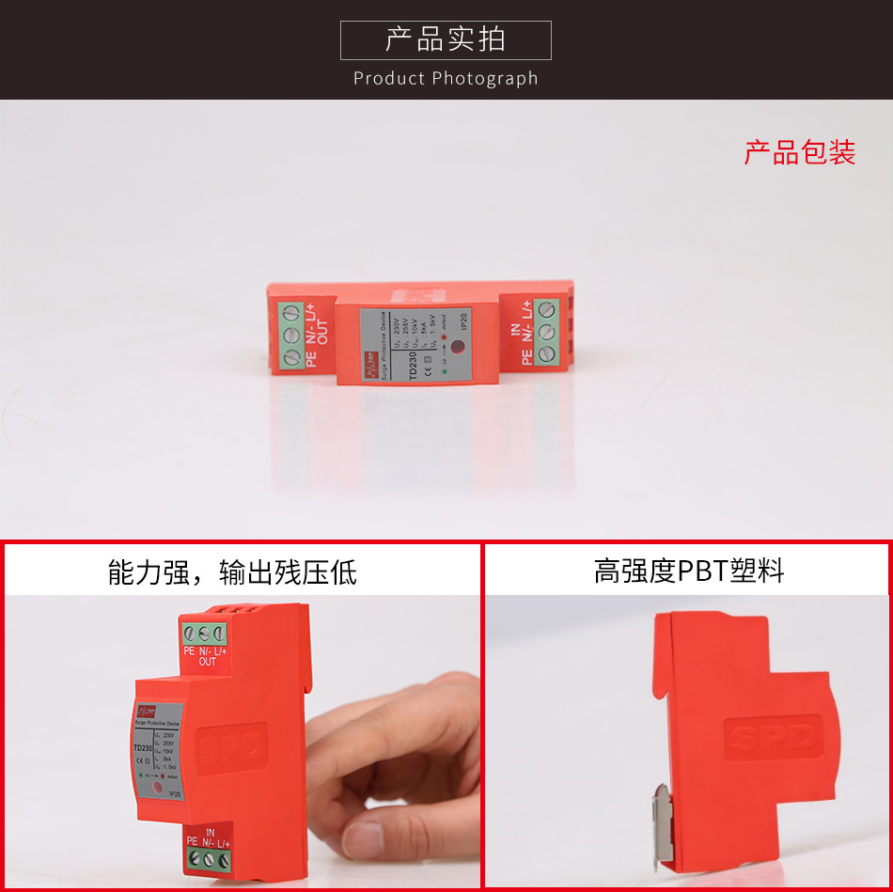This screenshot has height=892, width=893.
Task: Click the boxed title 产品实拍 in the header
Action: [x=446, y=39]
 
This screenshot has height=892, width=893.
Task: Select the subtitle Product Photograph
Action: [x=446, y=78]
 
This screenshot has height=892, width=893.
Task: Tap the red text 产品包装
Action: [x=800, y=152]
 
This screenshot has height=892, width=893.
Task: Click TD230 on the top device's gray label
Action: [x=412, y=365]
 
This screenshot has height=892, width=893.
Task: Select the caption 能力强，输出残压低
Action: [x=232, y=571]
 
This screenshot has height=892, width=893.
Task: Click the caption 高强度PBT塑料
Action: [x=688, y=571]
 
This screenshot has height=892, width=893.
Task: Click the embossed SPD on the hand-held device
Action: [x=231, y=748]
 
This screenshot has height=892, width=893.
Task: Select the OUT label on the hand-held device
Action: [x=208, y=662]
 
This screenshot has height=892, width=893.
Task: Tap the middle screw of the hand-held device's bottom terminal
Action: [x=209, y=859]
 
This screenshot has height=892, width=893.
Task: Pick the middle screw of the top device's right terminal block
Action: [x=547, y=331]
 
